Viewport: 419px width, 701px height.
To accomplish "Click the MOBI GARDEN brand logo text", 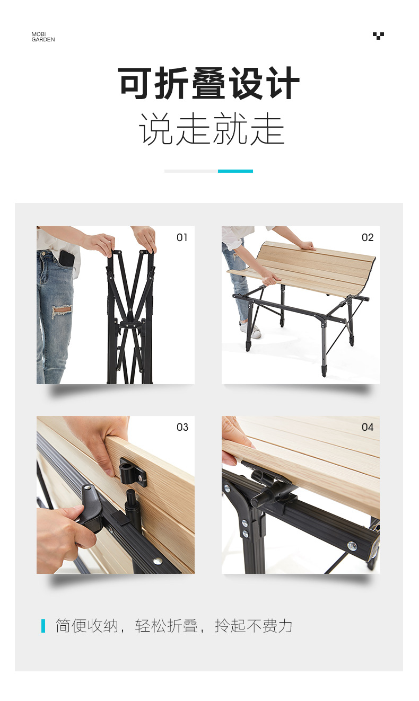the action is point(43,37).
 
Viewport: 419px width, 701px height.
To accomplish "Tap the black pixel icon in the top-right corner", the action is point(378,36).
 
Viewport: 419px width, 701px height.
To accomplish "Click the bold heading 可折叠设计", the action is point(209,83).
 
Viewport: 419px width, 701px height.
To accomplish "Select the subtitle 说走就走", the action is point(212,129).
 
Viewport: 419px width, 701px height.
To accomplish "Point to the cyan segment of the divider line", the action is point(235,171).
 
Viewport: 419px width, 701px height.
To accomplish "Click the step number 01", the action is point(182,237).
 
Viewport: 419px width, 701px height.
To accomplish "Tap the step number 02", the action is point(368,237).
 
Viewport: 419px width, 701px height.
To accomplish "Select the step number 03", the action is point(182,427).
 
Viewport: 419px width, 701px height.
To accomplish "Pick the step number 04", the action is point(368,427).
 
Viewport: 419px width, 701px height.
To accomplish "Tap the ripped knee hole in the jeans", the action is point(62,310).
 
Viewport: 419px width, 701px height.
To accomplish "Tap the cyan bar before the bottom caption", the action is point(43,626).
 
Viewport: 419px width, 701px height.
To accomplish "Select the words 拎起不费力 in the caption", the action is point(254,626).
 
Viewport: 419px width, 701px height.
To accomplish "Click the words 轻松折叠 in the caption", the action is point(167,626).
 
